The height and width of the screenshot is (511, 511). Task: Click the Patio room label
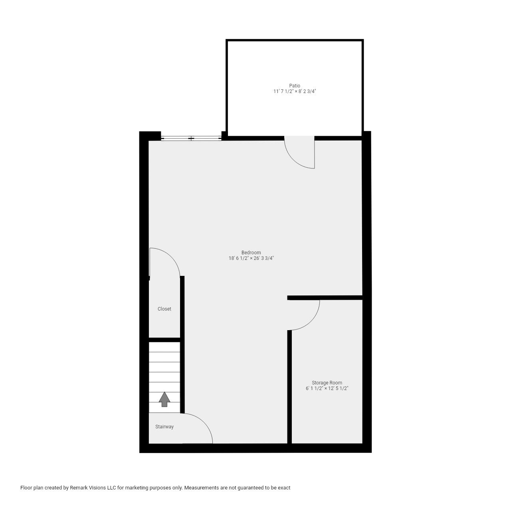[295, 85]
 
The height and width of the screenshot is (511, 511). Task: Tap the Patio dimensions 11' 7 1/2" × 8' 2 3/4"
[295, 91]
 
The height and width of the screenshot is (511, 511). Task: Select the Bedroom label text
[251, 252]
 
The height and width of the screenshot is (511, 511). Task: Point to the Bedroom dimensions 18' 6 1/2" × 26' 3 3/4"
[251, 258]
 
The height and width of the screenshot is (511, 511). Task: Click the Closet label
[164, 309]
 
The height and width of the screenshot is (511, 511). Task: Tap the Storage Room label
[327, 382]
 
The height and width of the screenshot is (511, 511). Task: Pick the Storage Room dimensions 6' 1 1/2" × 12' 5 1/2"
[327, 388]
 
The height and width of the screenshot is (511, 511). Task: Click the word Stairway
[164, 427]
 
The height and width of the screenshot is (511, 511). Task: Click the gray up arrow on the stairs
[164, 399]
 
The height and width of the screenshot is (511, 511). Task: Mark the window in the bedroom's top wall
[191, 139]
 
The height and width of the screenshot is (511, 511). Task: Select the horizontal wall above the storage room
[325, 297]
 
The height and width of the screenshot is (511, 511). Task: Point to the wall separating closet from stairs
[164, 340]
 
